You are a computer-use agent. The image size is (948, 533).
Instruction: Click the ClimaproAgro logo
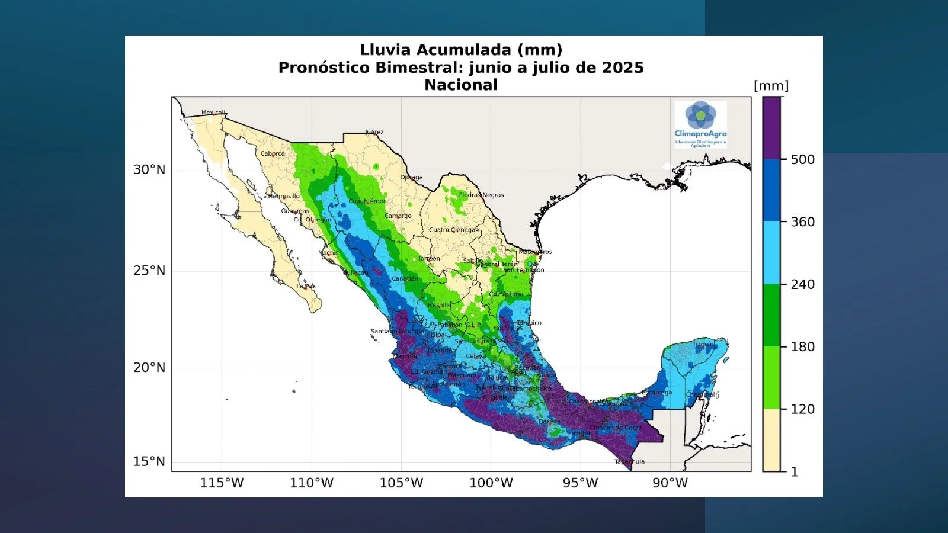pos(700,123)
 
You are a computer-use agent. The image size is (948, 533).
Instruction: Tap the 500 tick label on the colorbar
pos(802,159)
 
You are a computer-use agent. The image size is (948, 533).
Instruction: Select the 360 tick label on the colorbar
pos(802,222)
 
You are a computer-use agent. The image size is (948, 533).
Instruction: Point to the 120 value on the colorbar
pos(802,409)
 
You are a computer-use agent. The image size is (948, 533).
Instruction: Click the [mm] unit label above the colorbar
pos(771,86)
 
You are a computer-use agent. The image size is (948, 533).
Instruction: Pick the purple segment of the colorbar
pos(771,127)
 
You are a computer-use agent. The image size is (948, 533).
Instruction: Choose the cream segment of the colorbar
pos(771,440)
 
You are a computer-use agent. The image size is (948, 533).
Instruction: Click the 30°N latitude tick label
pos(149,170)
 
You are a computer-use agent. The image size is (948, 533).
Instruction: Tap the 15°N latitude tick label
pos(149,461)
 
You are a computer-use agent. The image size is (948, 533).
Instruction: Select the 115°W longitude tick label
pos(222,483)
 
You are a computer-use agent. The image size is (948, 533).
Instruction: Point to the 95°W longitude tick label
pos(580,483)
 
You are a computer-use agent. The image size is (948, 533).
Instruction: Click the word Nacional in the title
pos(461,85)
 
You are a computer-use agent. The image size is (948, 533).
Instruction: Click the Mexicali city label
pos(213,113)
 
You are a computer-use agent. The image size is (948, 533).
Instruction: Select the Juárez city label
pos(374,132)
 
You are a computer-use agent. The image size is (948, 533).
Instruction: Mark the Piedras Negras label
pos(481,195)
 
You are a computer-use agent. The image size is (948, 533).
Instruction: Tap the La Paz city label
pos(306,286)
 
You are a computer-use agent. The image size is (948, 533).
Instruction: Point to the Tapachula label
pos(629,461)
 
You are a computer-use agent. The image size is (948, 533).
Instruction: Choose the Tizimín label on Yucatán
pos(703,344)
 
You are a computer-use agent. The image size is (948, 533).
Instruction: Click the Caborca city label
pos(273,153)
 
